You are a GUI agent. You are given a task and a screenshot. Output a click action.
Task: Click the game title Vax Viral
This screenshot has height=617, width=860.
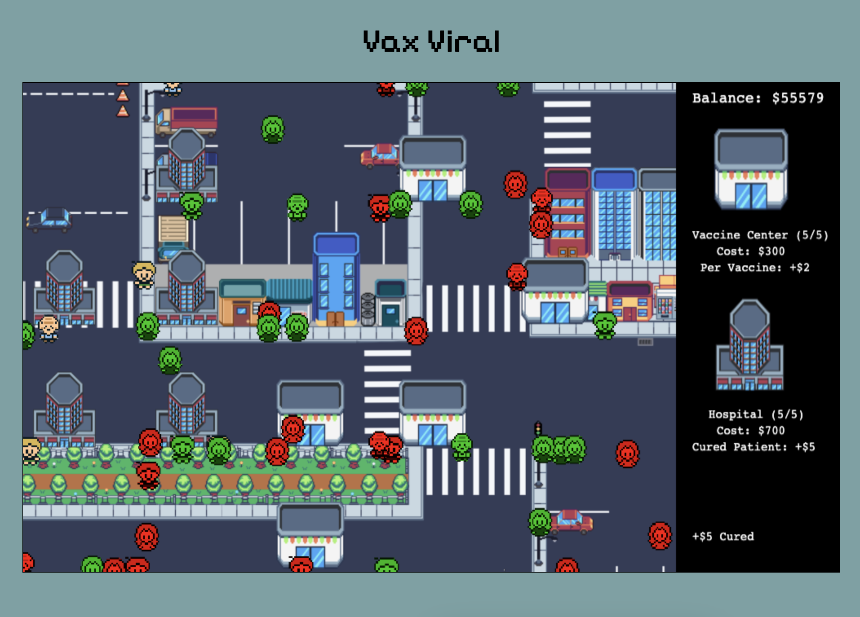coord(431,42)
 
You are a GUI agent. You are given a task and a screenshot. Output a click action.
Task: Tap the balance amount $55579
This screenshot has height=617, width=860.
coord(798,98)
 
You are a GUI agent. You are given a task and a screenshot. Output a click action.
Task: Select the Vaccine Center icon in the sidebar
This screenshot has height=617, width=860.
coord(751,169)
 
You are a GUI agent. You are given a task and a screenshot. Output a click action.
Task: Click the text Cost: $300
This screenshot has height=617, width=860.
coord(750,251)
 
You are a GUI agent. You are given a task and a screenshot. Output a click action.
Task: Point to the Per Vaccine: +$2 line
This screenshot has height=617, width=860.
coord(754,267)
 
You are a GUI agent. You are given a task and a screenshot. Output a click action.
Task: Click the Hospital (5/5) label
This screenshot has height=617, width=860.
coord(756,414)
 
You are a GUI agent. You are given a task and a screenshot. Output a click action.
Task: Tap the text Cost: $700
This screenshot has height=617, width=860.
coord(750,430)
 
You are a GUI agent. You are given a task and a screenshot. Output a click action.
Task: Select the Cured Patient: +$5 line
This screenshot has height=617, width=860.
coord(753,447)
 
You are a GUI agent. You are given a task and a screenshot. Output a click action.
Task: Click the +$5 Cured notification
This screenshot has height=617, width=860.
coord(723,536)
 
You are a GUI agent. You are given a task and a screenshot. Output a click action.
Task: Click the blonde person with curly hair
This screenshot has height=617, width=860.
coord(144,275)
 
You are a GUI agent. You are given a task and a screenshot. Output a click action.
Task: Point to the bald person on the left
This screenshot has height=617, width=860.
coord(49,328)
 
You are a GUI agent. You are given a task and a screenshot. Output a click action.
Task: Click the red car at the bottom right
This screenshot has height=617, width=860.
coord(571,522)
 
